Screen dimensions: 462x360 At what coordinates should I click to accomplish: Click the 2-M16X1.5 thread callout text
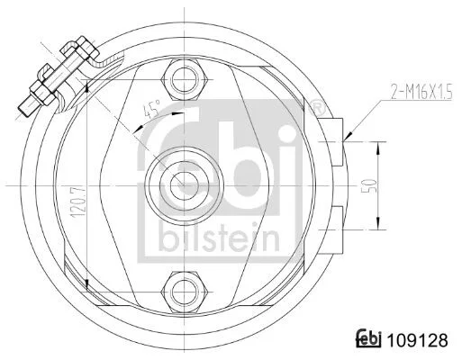click(421, 92)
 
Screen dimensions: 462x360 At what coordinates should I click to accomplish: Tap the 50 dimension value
click(371, 185)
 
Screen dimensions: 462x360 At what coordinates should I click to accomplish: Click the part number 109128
click(418, 340)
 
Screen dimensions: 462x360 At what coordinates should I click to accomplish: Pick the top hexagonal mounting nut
click(185, 80)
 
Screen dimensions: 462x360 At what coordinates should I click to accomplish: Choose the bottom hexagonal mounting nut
click(185, 292)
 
